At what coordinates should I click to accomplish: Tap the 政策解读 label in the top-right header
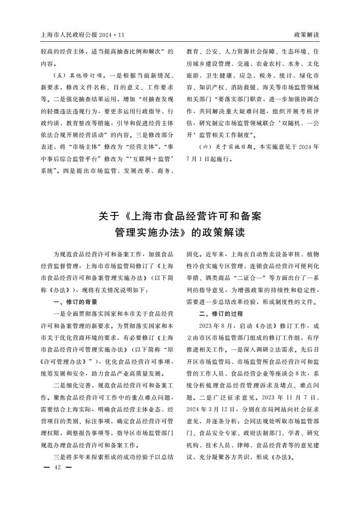(x=307, y=34)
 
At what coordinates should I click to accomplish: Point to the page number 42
(x=57, y=467)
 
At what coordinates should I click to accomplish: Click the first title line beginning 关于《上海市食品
(x=180, y=215)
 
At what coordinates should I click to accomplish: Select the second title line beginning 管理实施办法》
(x=180, y=233)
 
